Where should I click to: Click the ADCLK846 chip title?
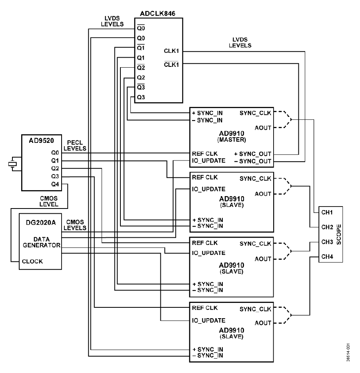(158, 14)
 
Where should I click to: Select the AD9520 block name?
(41, 140)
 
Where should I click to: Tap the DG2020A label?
(41, 223)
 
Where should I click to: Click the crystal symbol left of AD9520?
(12, 164)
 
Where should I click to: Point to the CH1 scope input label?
(327, 213)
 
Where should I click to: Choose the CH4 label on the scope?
(327, 257)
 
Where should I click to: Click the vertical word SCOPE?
(339, 234)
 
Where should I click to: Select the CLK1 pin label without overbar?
(171, 51)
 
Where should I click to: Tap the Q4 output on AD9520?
(55, 184)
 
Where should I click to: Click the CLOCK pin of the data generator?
(32, 261)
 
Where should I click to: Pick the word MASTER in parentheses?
(232, 140)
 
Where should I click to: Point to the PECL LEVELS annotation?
(75, 145)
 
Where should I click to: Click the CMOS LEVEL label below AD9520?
(49, 201)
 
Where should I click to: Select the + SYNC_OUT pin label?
(253, 154)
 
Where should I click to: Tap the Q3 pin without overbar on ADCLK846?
(141, 97)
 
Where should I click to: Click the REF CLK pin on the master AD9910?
(205, 154)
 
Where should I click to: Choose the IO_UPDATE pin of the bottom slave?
(208, 321)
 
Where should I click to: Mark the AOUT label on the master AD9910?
(263, 128)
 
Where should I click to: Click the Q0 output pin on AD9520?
(55, 152)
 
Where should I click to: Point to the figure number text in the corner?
(348, 353)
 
